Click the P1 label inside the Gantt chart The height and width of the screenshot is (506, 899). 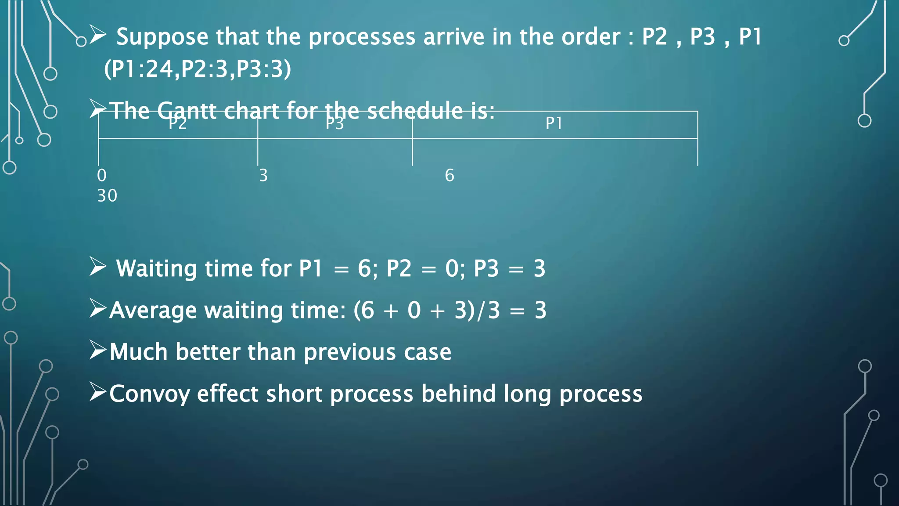(554, 123)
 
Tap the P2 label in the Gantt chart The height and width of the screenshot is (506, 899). (178, 124)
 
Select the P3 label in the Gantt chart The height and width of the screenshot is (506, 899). (334, 124)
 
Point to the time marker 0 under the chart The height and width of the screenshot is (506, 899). (102, 175)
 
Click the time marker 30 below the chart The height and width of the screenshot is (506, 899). (107, 196)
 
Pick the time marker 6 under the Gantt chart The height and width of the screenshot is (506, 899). (449, 175)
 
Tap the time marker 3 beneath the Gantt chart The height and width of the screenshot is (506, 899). (263, 175)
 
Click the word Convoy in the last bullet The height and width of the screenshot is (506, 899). (149, 394)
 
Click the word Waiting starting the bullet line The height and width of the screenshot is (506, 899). (157, 269)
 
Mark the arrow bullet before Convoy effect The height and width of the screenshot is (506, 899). (97, 392)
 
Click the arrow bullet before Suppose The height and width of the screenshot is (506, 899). (98, 35)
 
